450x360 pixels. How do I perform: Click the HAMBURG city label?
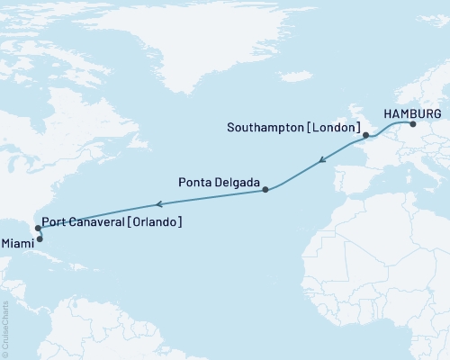(412, 113)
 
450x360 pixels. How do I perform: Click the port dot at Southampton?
(365, 138)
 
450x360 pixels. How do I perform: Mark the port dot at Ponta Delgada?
(265, 189)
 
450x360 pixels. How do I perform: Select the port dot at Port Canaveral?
(36, 229)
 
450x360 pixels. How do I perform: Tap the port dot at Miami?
(39, 239)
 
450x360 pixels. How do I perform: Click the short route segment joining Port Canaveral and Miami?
(37, 234)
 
